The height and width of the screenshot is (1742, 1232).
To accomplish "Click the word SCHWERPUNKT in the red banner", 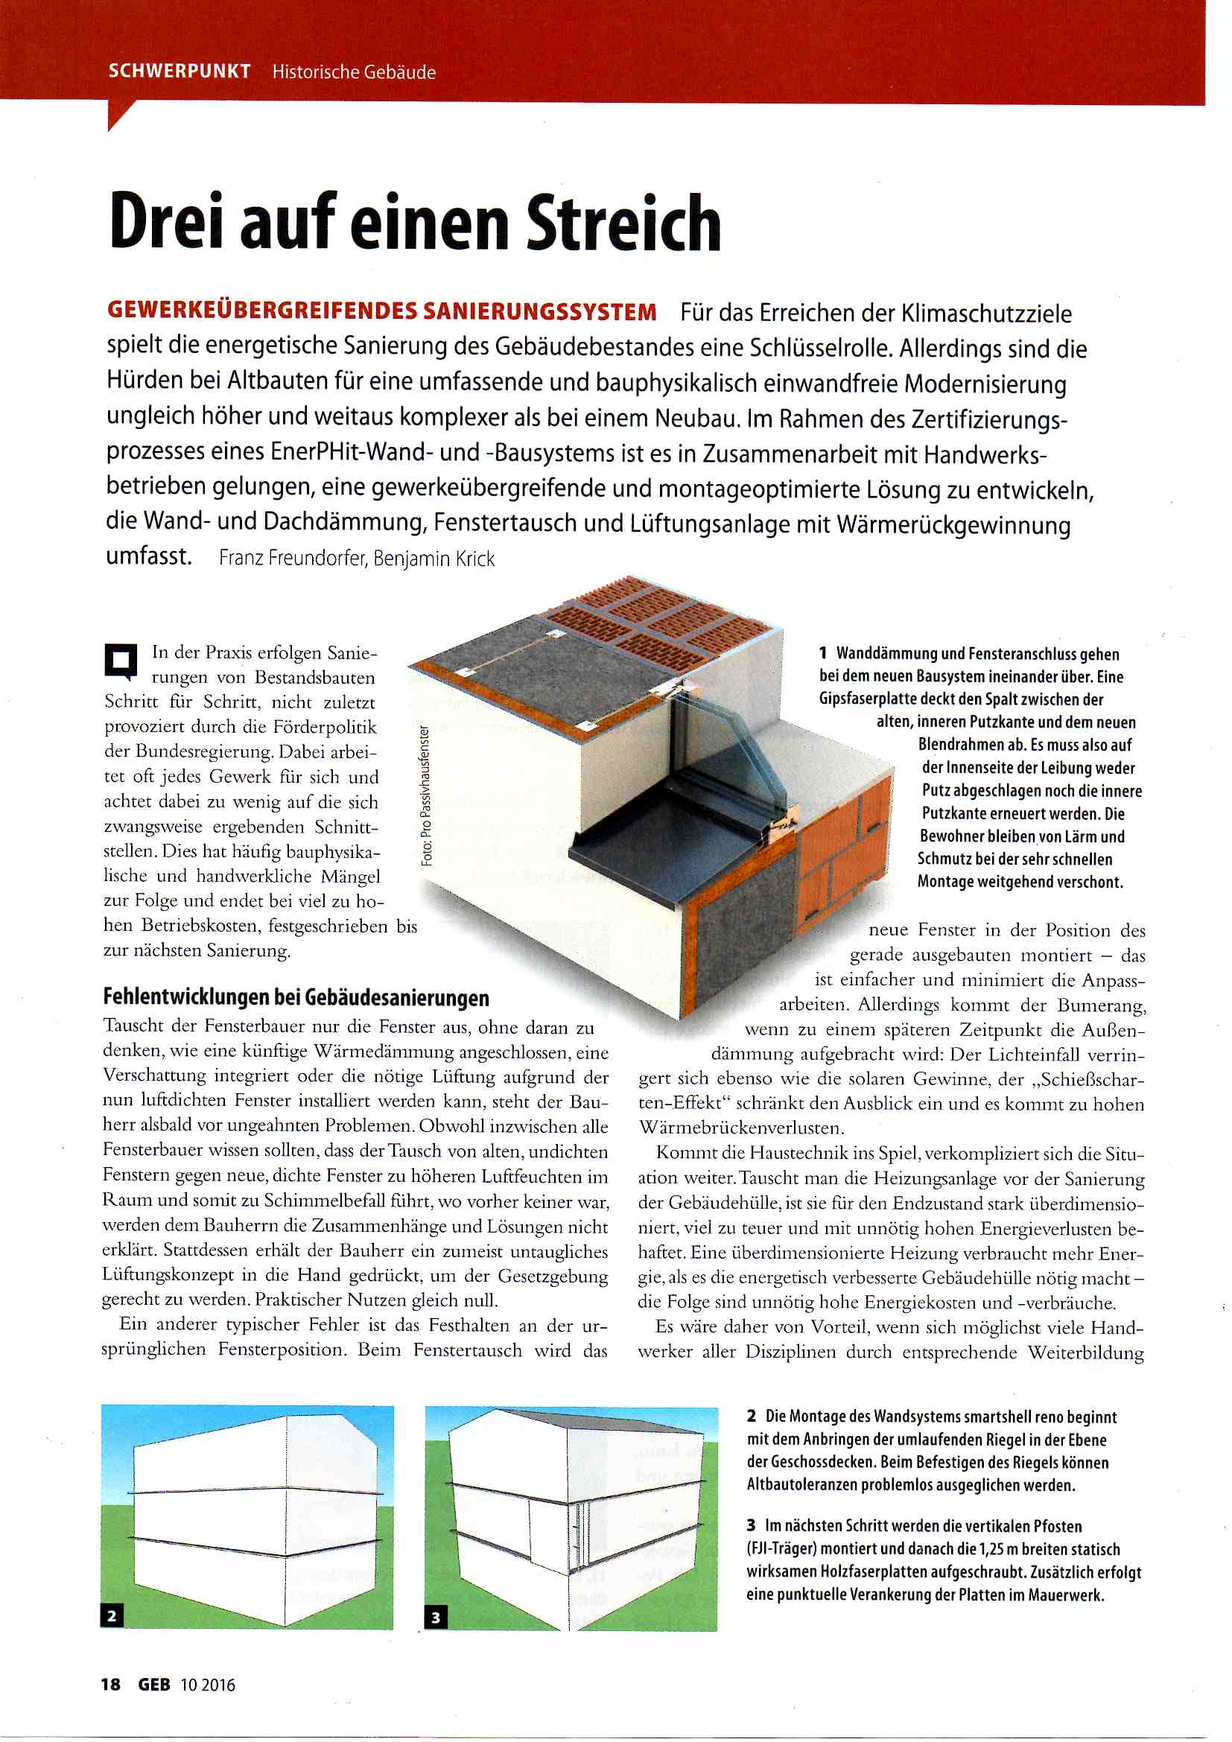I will coord(179,71).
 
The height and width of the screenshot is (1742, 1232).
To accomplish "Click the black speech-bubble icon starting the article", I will coord(120,660).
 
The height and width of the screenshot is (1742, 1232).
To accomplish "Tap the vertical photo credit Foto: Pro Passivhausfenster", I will coord(427,797).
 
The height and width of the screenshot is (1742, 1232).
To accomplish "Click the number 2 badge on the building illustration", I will coord(112,1616).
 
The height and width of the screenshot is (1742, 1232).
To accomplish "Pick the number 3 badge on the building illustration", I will coord(436,1618).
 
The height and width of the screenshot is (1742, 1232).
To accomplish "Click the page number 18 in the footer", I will coord(111,1685).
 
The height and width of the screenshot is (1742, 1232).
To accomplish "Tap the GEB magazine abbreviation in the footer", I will coord(154,1685).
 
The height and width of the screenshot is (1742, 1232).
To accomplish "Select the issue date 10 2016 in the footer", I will coord(208,1685).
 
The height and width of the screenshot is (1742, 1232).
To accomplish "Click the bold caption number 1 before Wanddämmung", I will coord(823,653).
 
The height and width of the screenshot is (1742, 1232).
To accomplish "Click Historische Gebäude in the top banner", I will coord(354,72).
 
